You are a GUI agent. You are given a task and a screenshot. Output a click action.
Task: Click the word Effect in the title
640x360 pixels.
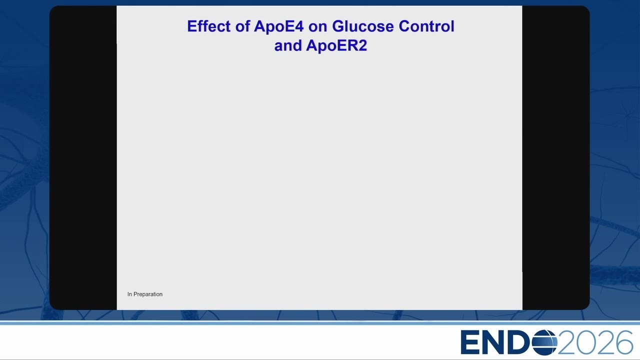(x=208, y=26)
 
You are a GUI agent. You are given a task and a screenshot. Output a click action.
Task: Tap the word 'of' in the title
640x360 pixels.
(x=242, y=26)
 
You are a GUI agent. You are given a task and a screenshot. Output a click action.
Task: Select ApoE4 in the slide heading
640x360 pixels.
(x=278, y=26)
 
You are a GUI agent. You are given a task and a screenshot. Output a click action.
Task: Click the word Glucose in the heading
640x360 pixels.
(x=363, y=26)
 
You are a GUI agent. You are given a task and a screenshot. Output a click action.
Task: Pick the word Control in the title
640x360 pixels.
(x=426, y=26)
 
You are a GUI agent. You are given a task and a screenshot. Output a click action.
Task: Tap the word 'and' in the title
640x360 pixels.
(x=288, y=45)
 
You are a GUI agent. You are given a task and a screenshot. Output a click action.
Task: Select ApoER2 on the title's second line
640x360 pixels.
(x=336, y=45)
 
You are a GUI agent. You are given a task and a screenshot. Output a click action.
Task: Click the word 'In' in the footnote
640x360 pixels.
(x=129, y=294)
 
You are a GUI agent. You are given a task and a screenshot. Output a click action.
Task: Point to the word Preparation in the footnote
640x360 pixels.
(x=148, y=294)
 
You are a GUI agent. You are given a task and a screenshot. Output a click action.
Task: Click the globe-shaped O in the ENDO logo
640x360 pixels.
(x=544, y=342)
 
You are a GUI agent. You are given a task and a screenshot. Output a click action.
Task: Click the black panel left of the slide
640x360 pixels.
(x=83, y=157)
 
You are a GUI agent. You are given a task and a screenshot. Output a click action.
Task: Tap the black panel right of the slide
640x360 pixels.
(x=556, y=157)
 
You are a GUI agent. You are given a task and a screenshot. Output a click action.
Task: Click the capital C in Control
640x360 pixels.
(x=405, y=26)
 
